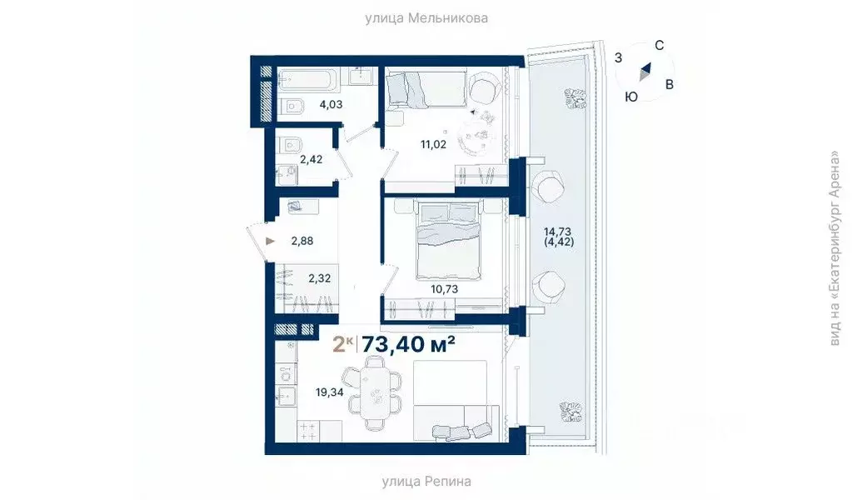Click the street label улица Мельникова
tap(426, 17)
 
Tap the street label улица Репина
tap(426, 481)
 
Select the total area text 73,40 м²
tap(408, 344)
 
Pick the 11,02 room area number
tap(433, 144)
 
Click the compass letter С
tap(658, 46)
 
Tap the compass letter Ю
tap(631, 97)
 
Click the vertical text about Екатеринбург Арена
tap(835, 249)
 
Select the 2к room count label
tap(341, 344)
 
